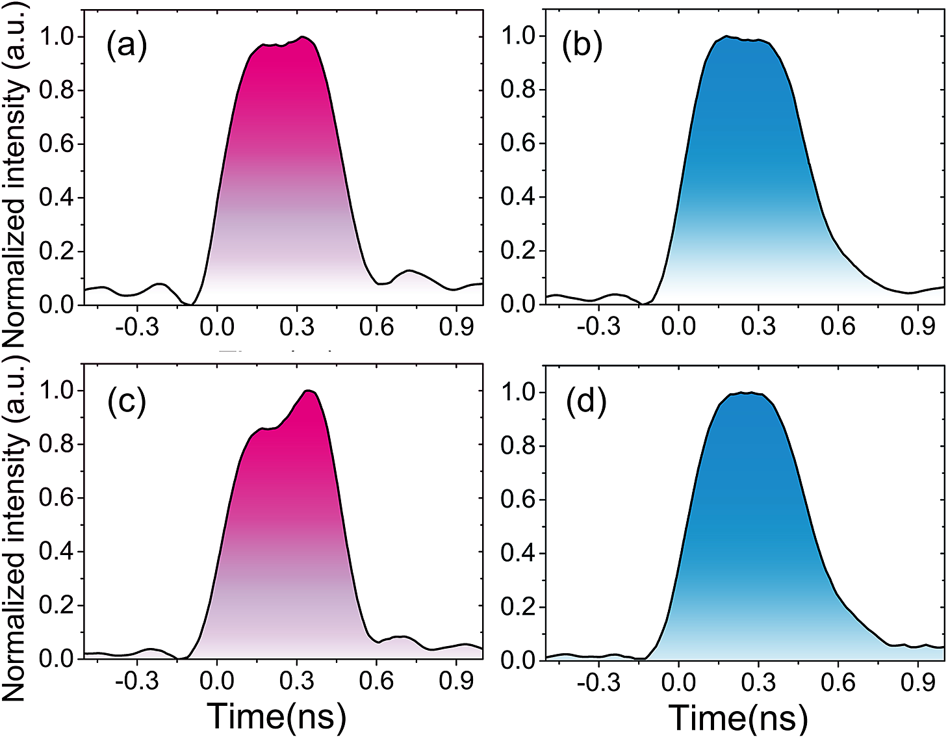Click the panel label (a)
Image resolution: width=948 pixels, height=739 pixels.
click(x=127, y=47)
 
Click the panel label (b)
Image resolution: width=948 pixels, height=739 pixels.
click(x=582, y=47)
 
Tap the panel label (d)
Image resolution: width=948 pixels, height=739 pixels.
click(x=586, y=403)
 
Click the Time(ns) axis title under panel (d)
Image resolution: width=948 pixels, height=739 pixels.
click(x=738, y=718)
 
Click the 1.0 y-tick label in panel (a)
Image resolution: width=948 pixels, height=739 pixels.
click(x=57, y=36)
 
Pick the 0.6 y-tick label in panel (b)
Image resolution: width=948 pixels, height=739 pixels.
click(x=518, y=144)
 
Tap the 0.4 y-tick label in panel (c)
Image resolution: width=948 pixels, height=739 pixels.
click(x=57, y=552)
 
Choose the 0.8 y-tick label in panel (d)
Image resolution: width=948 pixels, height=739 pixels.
click(x=518, y=447)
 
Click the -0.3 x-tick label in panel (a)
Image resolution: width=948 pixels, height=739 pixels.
click(x=144, y=327)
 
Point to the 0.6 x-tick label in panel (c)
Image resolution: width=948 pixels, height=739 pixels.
click(x=377, y=681)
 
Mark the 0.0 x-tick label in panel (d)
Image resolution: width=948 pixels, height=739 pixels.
click(x=678, y=682)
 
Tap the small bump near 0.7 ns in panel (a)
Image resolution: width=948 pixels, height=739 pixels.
click(x=409, y=270)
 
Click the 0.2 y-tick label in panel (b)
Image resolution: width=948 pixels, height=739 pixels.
click(x=518, y=251)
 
